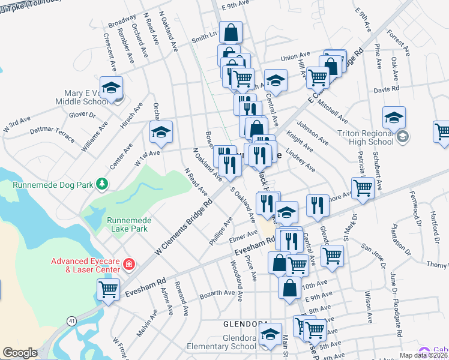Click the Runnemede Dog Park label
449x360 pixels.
(x=53, y=185)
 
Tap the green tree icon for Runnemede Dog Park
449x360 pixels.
(x=103, y=184)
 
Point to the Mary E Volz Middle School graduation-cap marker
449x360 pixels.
(x=111, y=89)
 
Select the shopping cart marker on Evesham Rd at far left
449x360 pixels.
(x=108, y=290)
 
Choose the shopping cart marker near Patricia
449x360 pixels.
(x=363, y=188)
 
